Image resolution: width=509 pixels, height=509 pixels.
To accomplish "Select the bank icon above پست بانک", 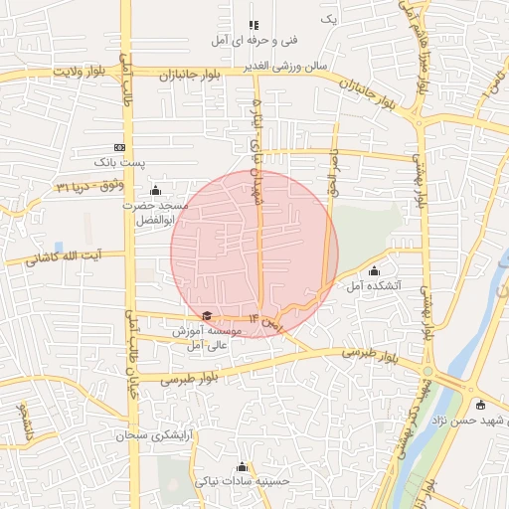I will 119,146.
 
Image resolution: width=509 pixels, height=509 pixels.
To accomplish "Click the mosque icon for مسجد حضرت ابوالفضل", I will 154,190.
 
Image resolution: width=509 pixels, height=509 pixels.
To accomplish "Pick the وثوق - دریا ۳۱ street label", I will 86,186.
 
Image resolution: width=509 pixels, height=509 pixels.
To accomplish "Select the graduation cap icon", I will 207,316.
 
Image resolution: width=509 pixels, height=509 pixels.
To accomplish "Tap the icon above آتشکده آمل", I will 374,271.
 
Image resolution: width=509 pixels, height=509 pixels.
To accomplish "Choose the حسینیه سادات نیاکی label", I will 243,482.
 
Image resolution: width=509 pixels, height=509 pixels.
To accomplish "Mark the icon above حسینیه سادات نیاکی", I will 243,467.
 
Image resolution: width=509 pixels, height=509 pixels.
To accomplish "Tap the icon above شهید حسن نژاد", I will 481,405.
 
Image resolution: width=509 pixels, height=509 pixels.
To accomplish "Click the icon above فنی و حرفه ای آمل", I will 254,25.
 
